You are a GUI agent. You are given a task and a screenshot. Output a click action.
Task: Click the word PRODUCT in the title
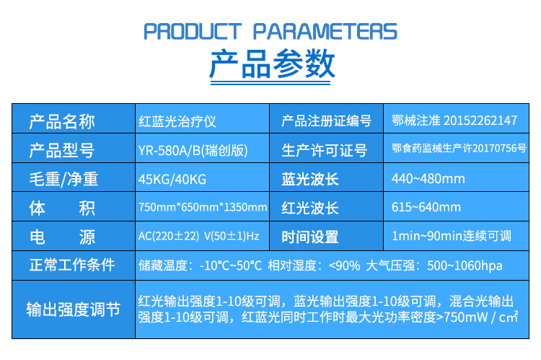192,32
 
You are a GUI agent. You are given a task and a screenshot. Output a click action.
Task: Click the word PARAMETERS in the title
325,32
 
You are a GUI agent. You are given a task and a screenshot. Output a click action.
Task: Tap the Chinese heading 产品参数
272,63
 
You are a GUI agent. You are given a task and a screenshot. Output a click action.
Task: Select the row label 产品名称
62,121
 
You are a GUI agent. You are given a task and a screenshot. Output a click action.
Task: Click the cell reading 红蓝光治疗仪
177,121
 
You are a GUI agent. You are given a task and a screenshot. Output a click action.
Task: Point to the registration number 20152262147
480,120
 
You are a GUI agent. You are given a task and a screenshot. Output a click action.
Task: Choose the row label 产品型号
62,151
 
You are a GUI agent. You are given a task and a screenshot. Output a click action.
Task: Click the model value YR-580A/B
170,151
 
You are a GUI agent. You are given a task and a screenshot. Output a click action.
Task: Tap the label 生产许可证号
325,151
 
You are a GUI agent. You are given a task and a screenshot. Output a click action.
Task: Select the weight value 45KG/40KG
172,180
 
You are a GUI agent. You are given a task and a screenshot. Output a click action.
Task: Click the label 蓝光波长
310,179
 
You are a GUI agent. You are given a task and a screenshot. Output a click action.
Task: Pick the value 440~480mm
428,179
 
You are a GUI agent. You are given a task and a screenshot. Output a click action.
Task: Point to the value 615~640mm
426,207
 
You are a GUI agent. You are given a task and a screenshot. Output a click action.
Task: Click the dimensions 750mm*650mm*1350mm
203,207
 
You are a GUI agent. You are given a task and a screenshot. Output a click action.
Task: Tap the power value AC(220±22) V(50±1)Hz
199,236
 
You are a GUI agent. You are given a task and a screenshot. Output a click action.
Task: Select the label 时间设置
310,237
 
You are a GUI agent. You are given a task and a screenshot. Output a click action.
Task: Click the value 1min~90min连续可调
452,236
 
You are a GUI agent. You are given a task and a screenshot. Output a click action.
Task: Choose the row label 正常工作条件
72,265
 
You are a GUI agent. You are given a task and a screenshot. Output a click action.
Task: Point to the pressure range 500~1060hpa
465,265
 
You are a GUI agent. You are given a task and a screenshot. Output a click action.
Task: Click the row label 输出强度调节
74,309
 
